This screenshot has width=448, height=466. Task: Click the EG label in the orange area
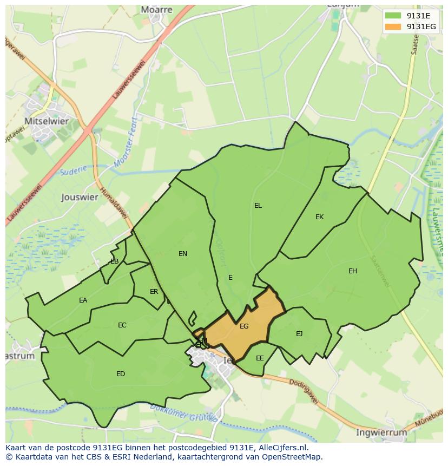(244, 326)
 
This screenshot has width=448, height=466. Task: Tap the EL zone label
(258, 206)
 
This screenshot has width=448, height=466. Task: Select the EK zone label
(319, 217)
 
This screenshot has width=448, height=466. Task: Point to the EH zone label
(353, 271)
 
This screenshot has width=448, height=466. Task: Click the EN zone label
(183, 253)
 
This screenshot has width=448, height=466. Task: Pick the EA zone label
(83, 300)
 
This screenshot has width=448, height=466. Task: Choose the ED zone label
(121, 374)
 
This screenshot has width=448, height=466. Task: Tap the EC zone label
(122, 325)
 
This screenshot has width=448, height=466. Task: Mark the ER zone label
(154, 292)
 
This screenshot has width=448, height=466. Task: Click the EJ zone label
(299, 334)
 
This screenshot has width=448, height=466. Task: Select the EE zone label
(260, 358)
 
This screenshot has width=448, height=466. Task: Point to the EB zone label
(114, 261)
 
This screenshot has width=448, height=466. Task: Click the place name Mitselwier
(47, 121)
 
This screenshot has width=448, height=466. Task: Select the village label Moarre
(156, 10)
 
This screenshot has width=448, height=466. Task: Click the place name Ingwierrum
(381, 432)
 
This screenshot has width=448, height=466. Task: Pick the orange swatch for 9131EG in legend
(393, 27)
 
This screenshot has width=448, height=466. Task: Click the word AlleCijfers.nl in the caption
(281, 448)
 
